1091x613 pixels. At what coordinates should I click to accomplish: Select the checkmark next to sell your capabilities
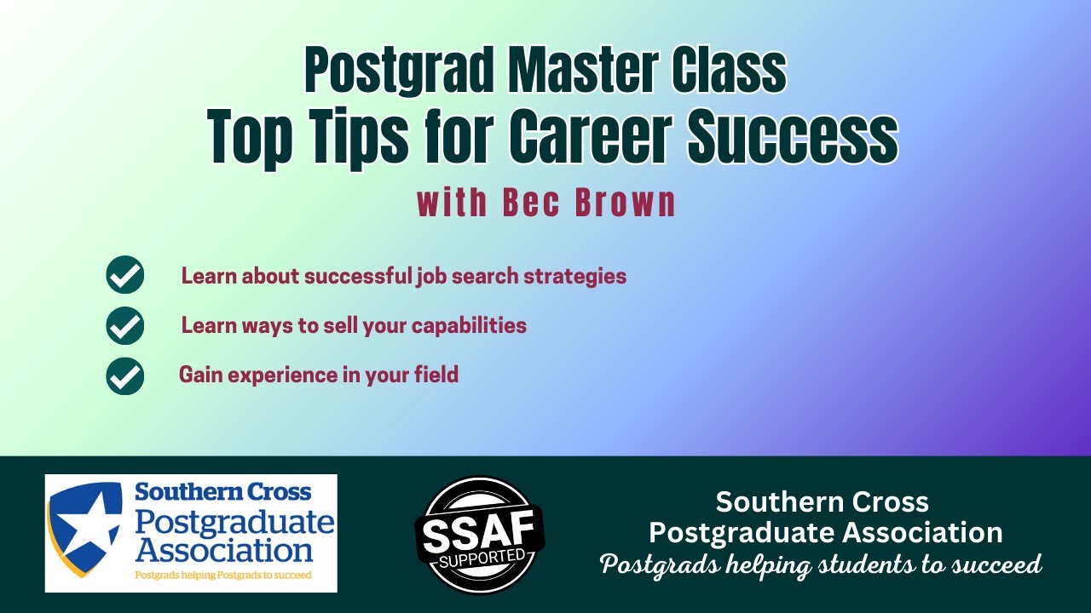125,326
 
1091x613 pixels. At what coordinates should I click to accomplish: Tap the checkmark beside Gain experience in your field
125,375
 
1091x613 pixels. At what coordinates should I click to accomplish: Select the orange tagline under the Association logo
223,576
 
